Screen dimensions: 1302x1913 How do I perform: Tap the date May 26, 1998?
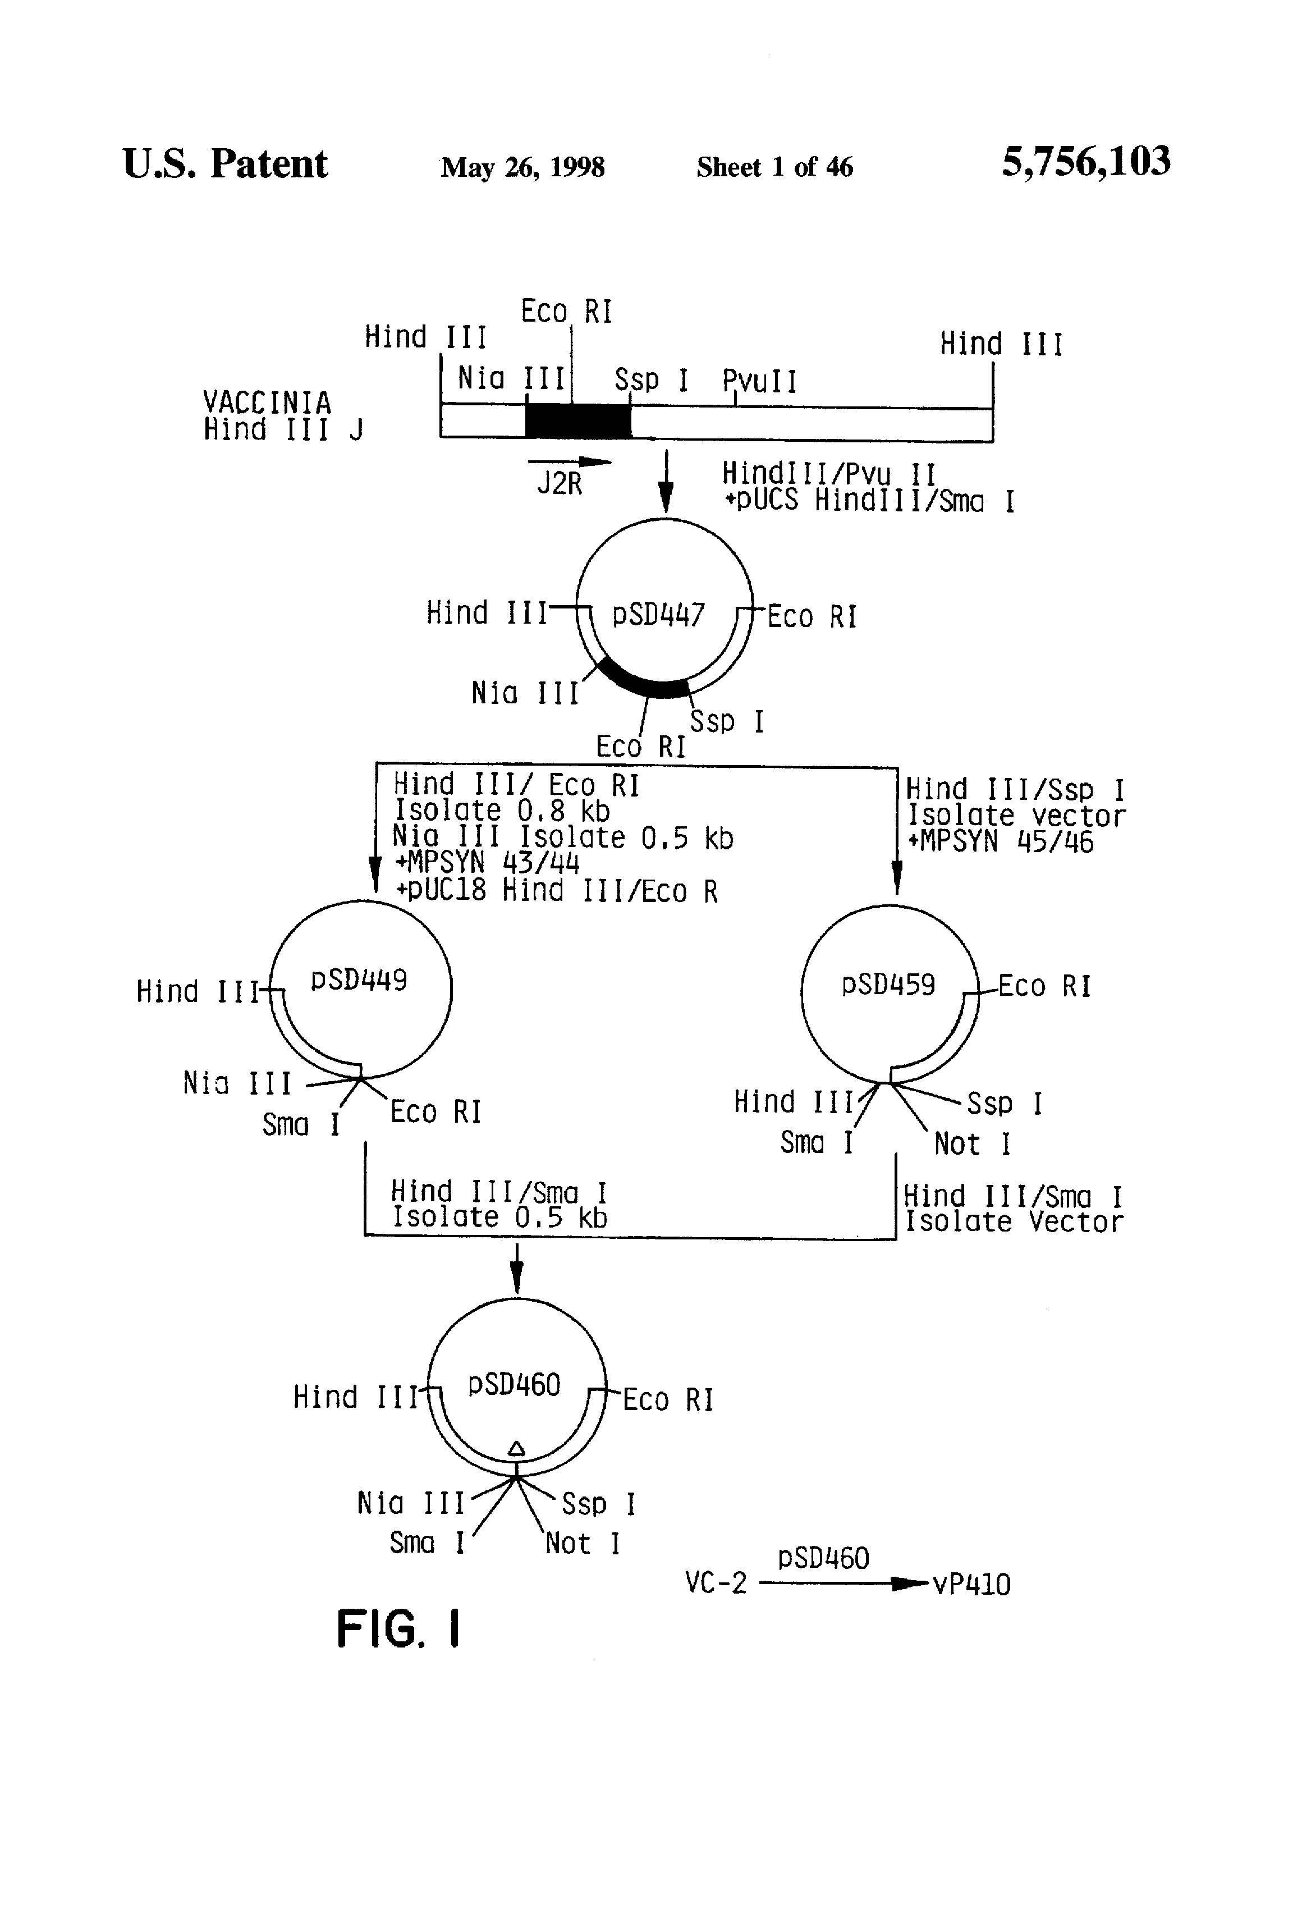tap(522, 167)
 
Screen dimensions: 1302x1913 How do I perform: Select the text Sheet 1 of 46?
tap(774, 167)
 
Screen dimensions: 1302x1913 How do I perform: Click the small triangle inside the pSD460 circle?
tap(516, 1448)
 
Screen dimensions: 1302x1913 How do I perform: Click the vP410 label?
tap(971, 1585)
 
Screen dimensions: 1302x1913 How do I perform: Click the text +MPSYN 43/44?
tap(487, 863)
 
